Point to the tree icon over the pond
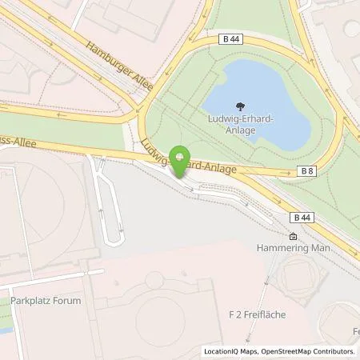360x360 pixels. click(241, 104)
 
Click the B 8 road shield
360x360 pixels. click(306, 171)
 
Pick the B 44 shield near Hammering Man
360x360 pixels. click(301, 217)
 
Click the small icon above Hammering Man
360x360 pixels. click(294, 237)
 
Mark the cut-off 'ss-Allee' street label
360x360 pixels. click(15, 146)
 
